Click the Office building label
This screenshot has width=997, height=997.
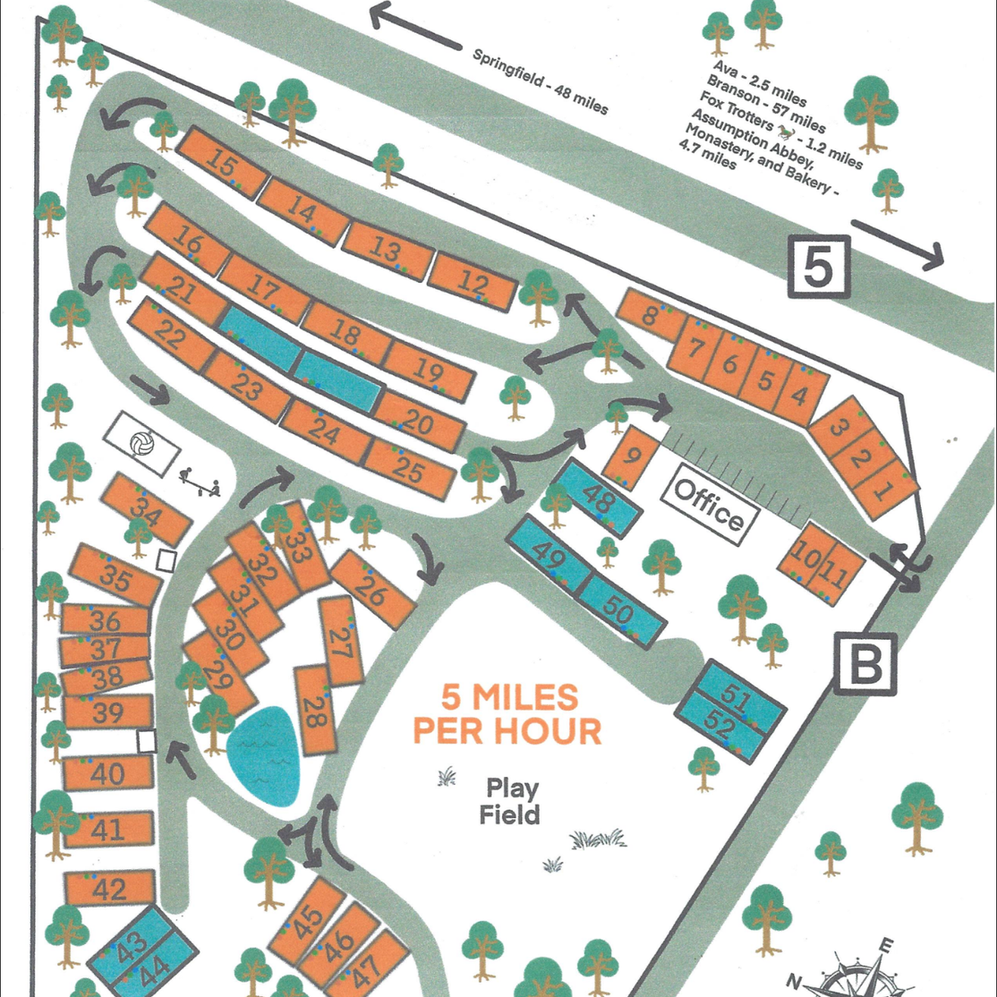(x=709, y=504)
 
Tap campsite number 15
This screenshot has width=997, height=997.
(x=220, y=162)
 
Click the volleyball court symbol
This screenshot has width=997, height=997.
(x=141, y=443)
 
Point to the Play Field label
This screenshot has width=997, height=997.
(x=512, y=802)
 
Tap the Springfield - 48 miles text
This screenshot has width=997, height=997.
(x=540, y=81)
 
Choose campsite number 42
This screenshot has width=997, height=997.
(x=109, y=890)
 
